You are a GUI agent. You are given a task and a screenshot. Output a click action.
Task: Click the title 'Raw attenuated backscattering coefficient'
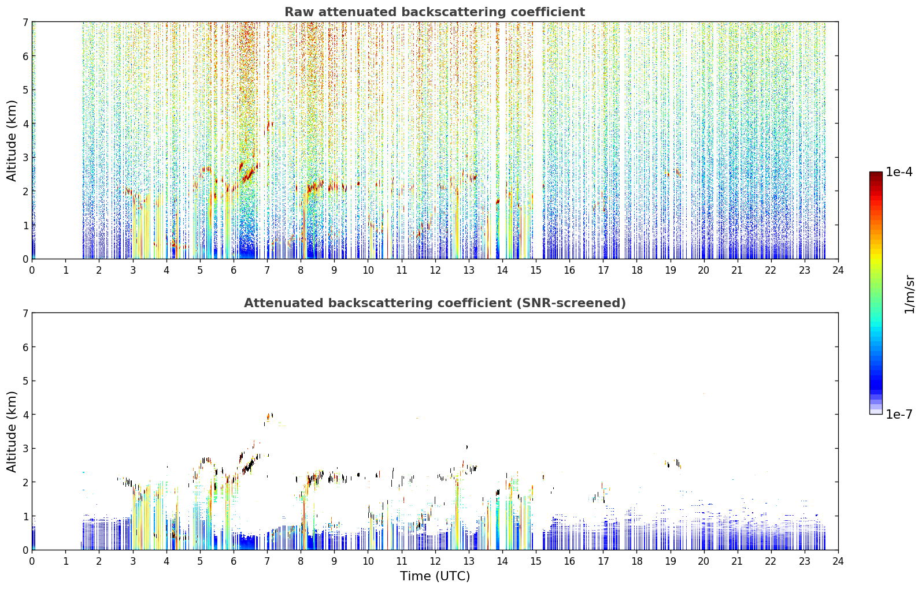click(x=435, y=12)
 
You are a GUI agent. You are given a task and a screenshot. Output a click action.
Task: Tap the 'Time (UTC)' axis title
click(x=435, y=576)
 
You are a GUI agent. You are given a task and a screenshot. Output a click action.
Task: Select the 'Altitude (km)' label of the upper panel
click(x=12, y=141)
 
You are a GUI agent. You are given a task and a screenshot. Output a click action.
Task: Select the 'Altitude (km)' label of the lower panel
click(x=12, y=431)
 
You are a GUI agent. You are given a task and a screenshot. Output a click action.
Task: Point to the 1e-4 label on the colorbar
click(x=899, y=172)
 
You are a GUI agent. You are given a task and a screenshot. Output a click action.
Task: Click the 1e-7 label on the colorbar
click(x=899, y=414)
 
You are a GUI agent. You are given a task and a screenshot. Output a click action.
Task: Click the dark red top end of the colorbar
click(x=876, y=174)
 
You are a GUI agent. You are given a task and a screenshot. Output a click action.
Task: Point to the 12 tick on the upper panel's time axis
click(x=435, y=270)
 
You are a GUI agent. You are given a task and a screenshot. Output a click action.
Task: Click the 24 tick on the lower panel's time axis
click(x=838, y=561)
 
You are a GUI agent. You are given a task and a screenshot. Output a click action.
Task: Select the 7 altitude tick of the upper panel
click(x=25, y=22)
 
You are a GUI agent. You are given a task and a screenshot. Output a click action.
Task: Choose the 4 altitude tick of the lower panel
click(x=25, y=415)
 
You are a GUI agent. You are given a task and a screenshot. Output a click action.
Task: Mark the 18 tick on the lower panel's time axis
click(x=637, y=561)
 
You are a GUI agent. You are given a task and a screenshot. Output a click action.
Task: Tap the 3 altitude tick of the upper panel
click(x=25, y=158)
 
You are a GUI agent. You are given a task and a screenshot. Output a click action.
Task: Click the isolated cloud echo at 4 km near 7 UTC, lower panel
click(x=269, y=417)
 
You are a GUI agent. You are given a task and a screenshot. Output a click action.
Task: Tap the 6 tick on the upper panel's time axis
click(x=234, y=270)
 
